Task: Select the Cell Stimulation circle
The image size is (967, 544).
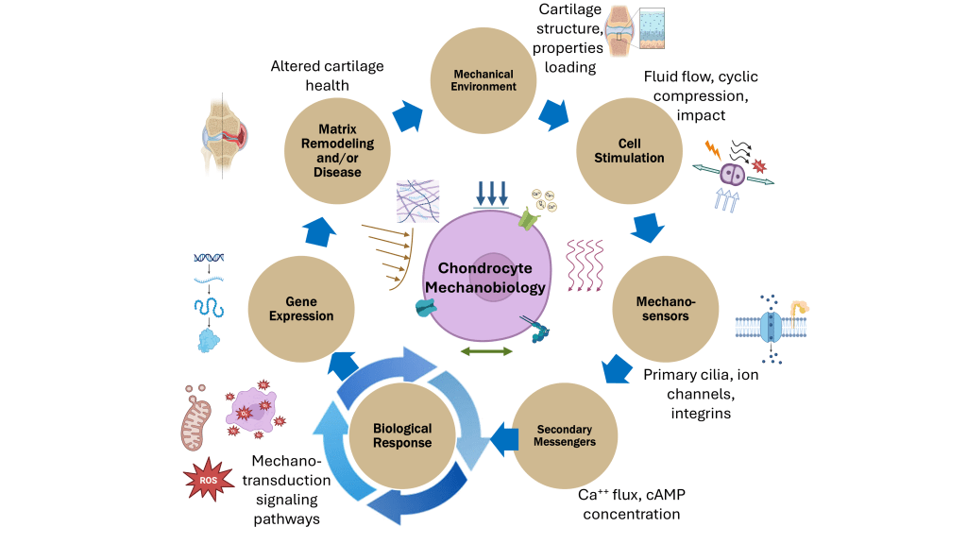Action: tap(629, 151)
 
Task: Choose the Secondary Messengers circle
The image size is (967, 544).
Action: tap(567, 434)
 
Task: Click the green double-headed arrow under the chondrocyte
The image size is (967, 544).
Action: tap(485, 351)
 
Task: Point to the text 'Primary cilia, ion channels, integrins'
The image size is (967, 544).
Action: tap(700, 394)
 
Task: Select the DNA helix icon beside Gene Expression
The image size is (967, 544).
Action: tap(209, 257)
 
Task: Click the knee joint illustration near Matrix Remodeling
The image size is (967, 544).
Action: tap(224, 135)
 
